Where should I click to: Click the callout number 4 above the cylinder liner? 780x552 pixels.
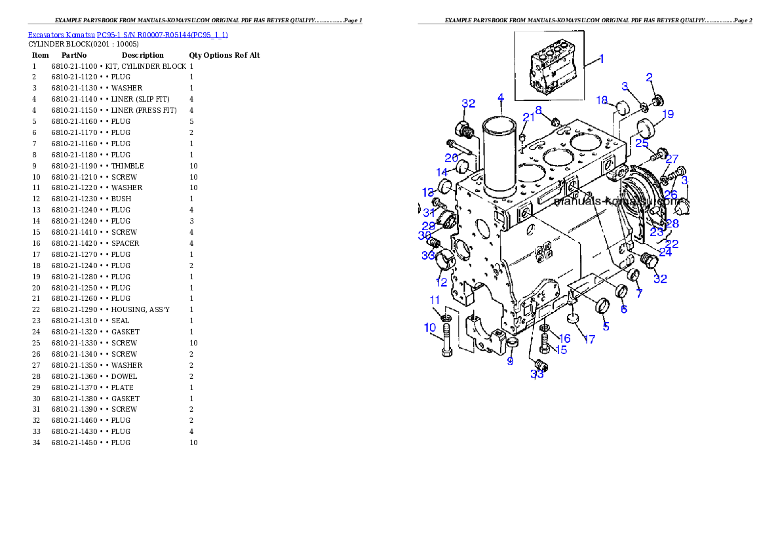pos(500,98)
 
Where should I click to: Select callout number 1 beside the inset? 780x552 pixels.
pos(601,58)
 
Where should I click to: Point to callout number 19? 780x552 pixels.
pos(667,115)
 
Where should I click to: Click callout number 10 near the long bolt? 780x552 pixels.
pos(430,327)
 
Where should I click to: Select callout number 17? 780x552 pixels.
pos(589,340)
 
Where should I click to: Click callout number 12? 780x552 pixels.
pos(441,283)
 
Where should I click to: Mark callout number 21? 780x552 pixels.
pos(528,117)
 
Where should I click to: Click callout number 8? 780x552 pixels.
pos(538,110)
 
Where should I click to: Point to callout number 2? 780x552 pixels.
pos(649,77)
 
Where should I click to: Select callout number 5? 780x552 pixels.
pos(606,326)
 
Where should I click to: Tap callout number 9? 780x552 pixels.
pos(510,361)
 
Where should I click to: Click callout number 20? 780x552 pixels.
pos(451,158)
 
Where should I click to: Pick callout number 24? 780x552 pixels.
pos(665,252)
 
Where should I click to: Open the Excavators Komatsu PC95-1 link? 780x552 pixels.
pos(127,34)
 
